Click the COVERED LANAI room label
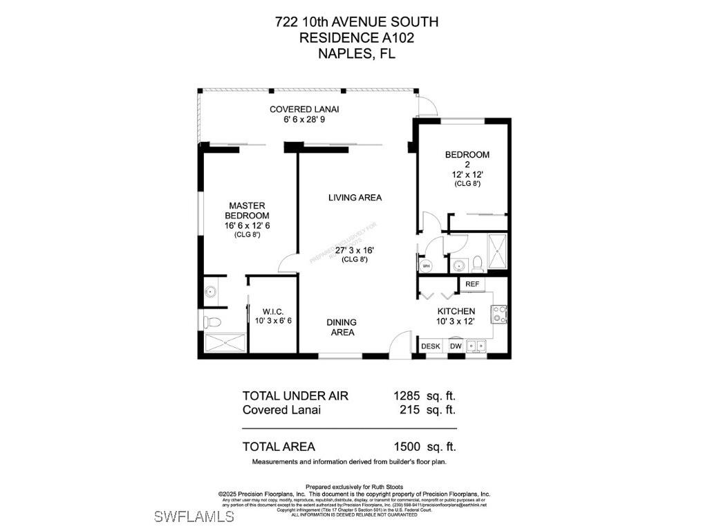tap(304, 109)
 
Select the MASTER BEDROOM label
tap(247, 210)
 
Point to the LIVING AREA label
tap(355, 198)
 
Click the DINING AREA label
tap(342, 327)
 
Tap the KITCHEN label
tap(456, 311)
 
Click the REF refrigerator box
tap(472, 284)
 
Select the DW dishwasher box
tap(456, 346)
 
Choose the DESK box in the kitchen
tap(431, 346)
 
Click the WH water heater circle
tap(426, 265)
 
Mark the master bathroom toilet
tap(213, 322)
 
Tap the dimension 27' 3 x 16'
tap(355, 250)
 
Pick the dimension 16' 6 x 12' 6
tap(247, 225)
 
